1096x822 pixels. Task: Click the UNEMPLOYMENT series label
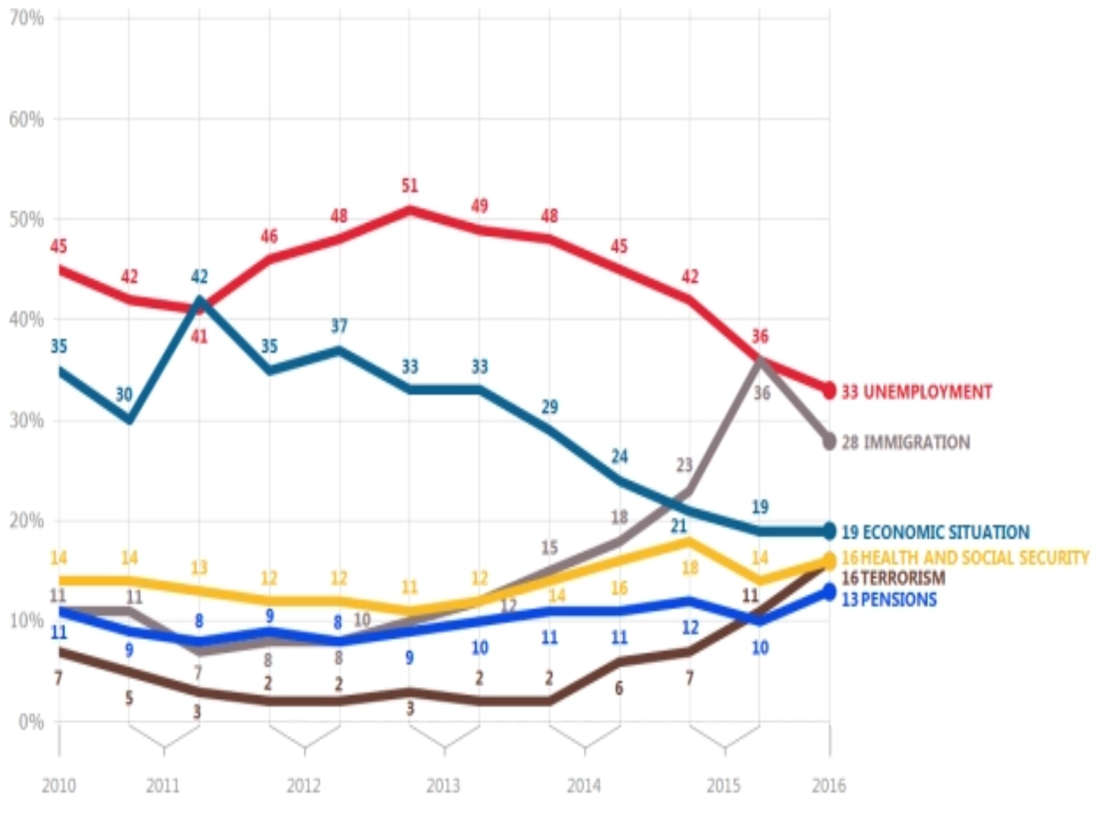(917, 392)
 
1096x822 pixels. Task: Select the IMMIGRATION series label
(906, 443)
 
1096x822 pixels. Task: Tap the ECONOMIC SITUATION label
(935, 532)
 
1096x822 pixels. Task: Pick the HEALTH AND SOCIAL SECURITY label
(964, 558)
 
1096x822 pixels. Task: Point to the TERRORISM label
(893, 578)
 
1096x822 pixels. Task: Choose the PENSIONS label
(889, 600)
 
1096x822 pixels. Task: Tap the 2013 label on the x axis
(443, 785)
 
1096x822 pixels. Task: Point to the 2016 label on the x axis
(829, 785)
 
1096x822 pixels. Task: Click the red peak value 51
(410, 186)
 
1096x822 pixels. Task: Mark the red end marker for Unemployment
(829, 391)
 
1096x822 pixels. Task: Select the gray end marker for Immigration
(829, 441)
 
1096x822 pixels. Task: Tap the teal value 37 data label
(339, 326)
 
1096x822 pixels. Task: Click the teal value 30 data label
(124, 395)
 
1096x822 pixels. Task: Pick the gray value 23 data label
(684, 465)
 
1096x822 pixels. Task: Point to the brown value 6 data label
(619, 688)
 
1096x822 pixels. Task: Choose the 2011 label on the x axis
(163, 785)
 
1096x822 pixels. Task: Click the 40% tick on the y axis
(27, 320)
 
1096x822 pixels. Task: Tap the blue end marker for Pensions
(829, 592)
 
